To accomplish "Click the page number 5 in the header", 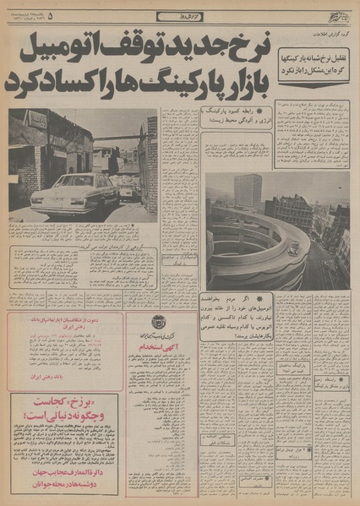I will pyautogui.click(x=51, y=15).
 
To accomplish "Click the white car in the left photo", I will pyautogui.click(x=74, y=194).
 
